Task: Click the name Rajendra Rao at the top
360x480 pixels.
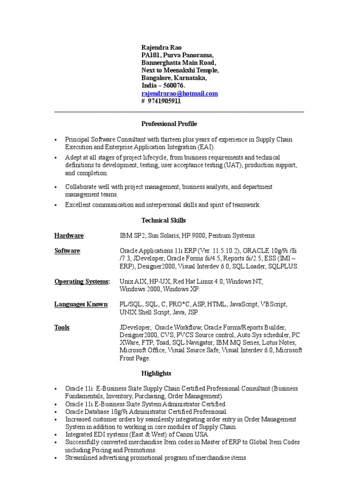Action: click(x=162, y=47)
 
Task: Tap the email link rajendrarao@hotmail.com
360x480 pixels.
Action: click(x=180, y=93)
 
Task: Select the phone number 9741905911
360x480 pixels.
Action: click(x=164, y=101)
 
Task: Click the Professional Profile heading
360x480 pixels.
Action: click(x=169, y=124)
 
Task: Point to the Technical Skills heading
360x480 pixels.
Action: click(x=164, y=220)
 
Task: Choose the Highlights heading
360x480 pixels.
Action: click(x=156, y=373)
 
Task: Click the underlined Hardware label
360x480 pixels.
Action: click(x=69, y=235)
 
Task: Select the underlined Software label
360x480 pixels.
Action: click(x=67, y=251)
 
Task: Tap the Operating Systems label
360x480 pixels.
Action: click(x=82, y=281)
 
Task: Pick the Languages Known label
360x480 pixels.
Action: click(x=81, y=304)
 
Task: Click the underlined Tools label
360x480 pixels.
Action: click(x=62, y=327)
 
